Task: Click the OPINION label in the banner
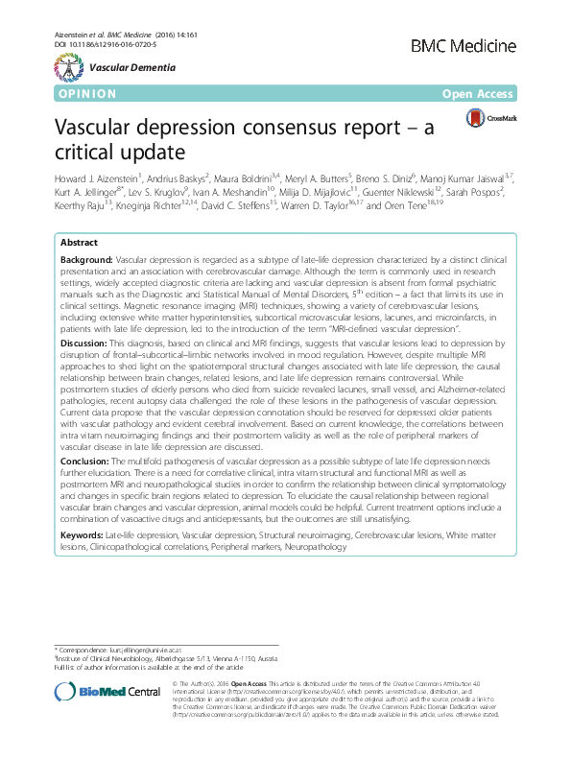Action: click(x=87, y=94)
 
